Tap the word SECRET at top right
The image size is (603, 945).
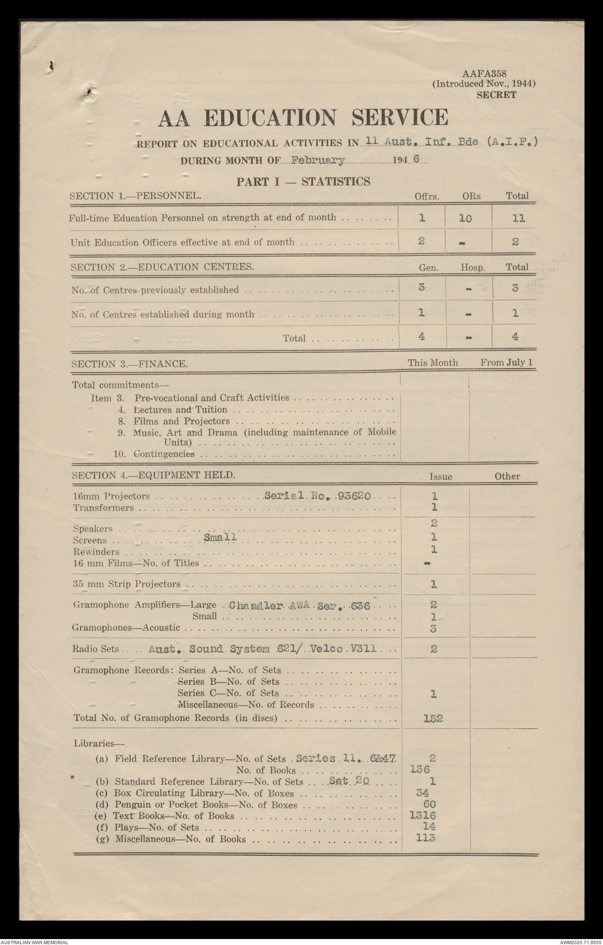[x=496, y=95]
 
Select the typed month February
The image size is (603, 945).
[x=318, y=160]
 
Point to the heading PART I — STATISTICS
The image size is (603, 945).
[x=303, y=182]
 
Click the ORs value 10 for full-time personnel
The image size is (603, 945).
[x=465, y=218]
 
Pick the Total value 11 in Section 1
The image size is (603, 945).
[x=519, y=218]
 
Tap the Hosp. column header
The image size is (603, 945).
[x=473, y=267]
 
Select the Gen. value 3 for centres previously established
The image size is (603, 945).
[x=422, y=287]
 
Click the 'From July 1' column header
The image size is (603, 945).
[x=506, y=362]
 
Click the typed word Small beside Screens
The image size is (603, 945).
[x=220, y=537]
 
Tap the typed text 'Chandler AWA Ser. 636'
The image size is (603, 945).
[x=299, y=605]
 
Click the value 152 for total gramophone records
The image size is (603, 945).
[x=433, y=718]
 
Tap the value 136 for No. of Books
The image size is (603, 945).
[x=420, y=770]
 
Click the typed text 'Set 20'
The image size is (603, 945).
[x=349, y=780]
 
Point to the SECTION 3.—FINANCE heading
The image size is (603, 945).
[x=129, y=364]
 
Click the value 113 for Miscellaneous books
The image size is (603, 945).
[x=425, y=838]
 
